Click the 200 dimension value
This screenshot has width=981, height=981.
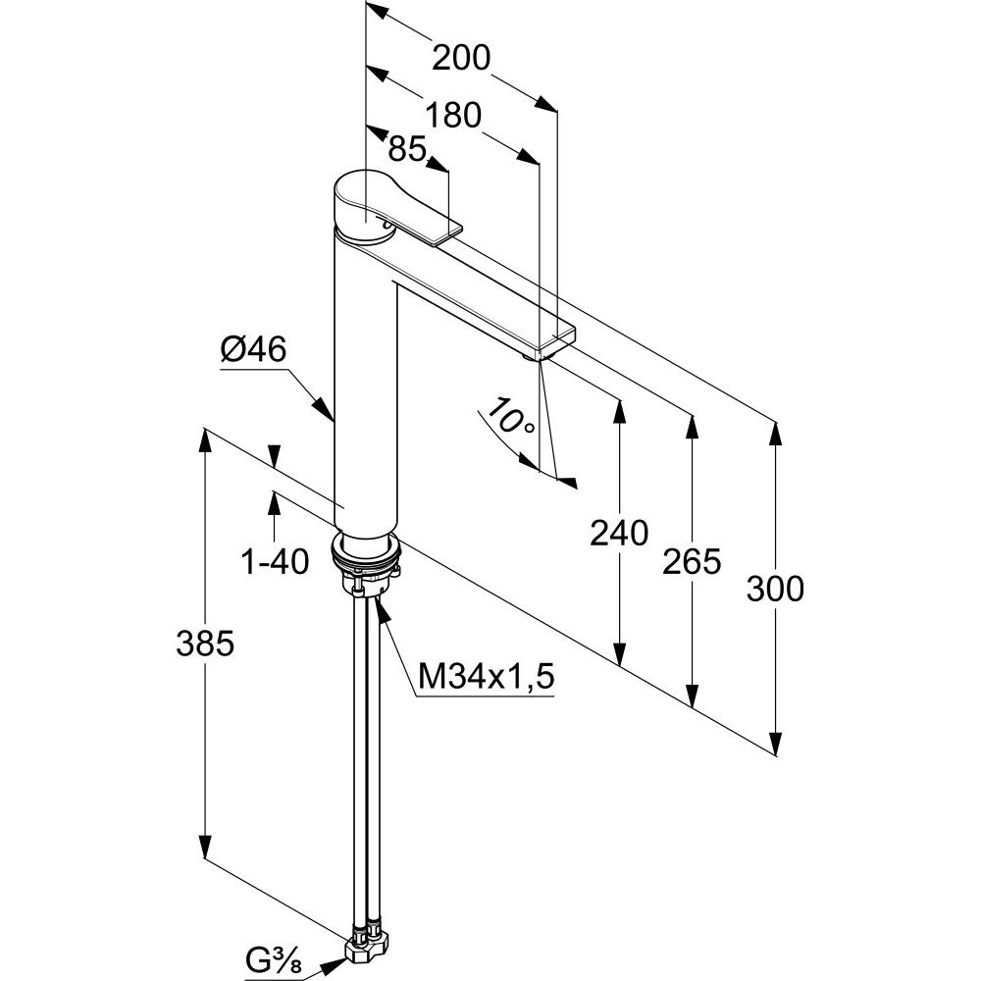(461, 59)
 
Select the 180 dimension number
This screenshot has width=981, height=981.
(453, 115)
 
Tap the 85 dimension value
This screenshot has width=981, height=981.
(406, 149)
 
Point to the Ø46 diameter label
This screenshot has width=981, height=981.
(253, 350)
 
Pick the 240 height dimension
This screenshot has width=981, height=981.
(619, 533)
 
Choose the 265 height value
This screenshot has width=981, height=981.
(693, 561)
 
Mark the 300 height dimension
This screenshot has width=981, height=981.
(775, 589)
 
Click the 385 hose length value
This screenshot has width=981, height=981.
(205, 644)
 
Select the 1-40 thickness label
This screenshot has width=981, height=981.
(275, 561)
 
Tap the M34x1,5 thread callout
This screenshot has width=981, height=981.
(487, 676)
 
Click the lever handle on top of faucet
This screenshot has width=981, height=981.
(392, 206)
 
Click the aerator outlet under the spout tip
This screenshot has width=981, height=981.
(536, 357)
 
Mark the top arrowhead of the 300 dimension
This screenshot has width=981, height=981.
(776, 433)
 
